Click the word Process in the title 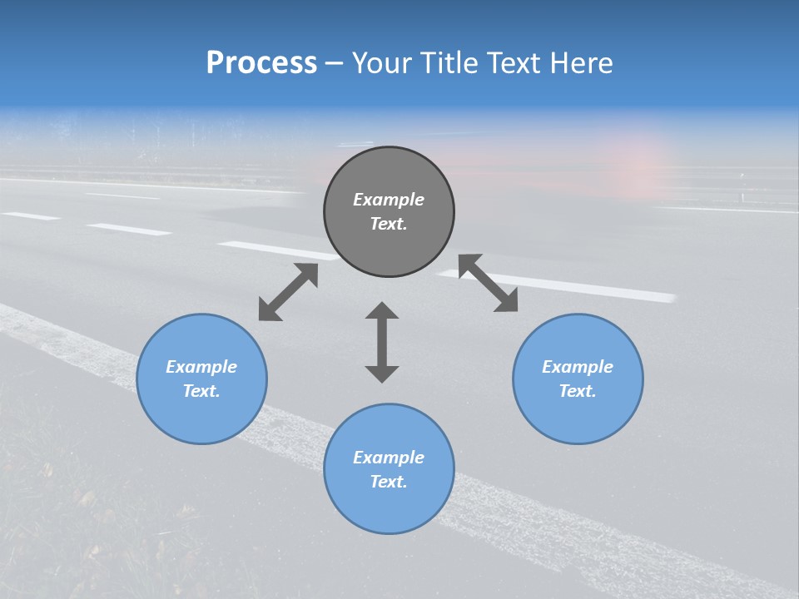click(261, 63)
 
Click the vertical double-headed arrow click(382, 342)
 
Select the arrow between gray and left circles click(288, 292)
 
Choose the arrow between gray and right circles click(488, 283)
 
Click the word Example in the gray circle click(389, 200)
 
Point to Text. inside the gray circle click(389, 224)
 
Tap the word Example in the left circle click(201, 367)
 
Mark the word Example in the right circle click(578, 367)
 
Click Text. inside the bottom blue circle click(389, 482)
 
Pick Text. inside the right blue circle click(578, 391)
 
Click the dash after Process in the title click(335, 63)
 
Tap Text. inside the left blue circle click(201, 391)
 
